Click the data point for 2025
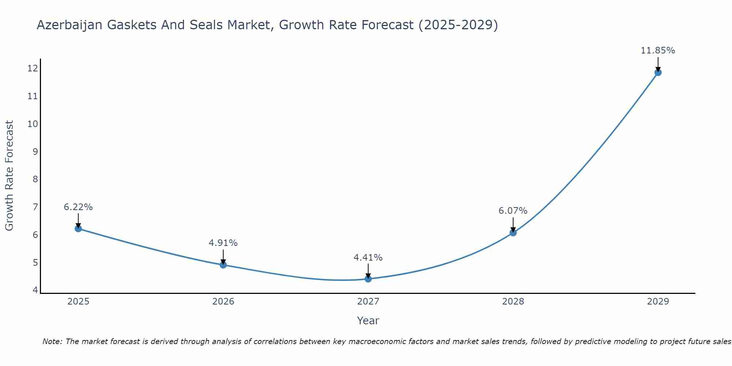coord(78,228)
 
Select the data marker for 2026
coord(223,265)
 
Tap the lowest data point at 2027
coord(368,279)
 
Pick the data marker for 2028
coord(513,232)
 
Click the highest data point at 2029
coord(658,72)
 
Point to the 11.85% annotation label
coord(658,51)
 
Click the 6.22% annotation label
coord(78,207)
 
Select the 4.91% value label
coord(223,243)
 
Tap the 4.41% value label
coord(368,258)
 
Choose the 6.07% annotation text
coord(513,211)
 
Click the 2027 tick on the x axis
coord(368,302)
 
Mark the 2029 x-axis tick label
coord(658,302)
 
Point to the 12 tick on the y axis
coord(33,68)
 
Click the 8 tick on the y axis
coord(35,179)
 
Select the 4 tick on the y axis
coord(35,290)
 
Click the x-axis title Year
coord(368,321)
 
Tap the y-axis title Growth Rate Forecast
coord(10,176)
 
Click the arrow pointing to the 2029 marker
coord(658,64)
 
